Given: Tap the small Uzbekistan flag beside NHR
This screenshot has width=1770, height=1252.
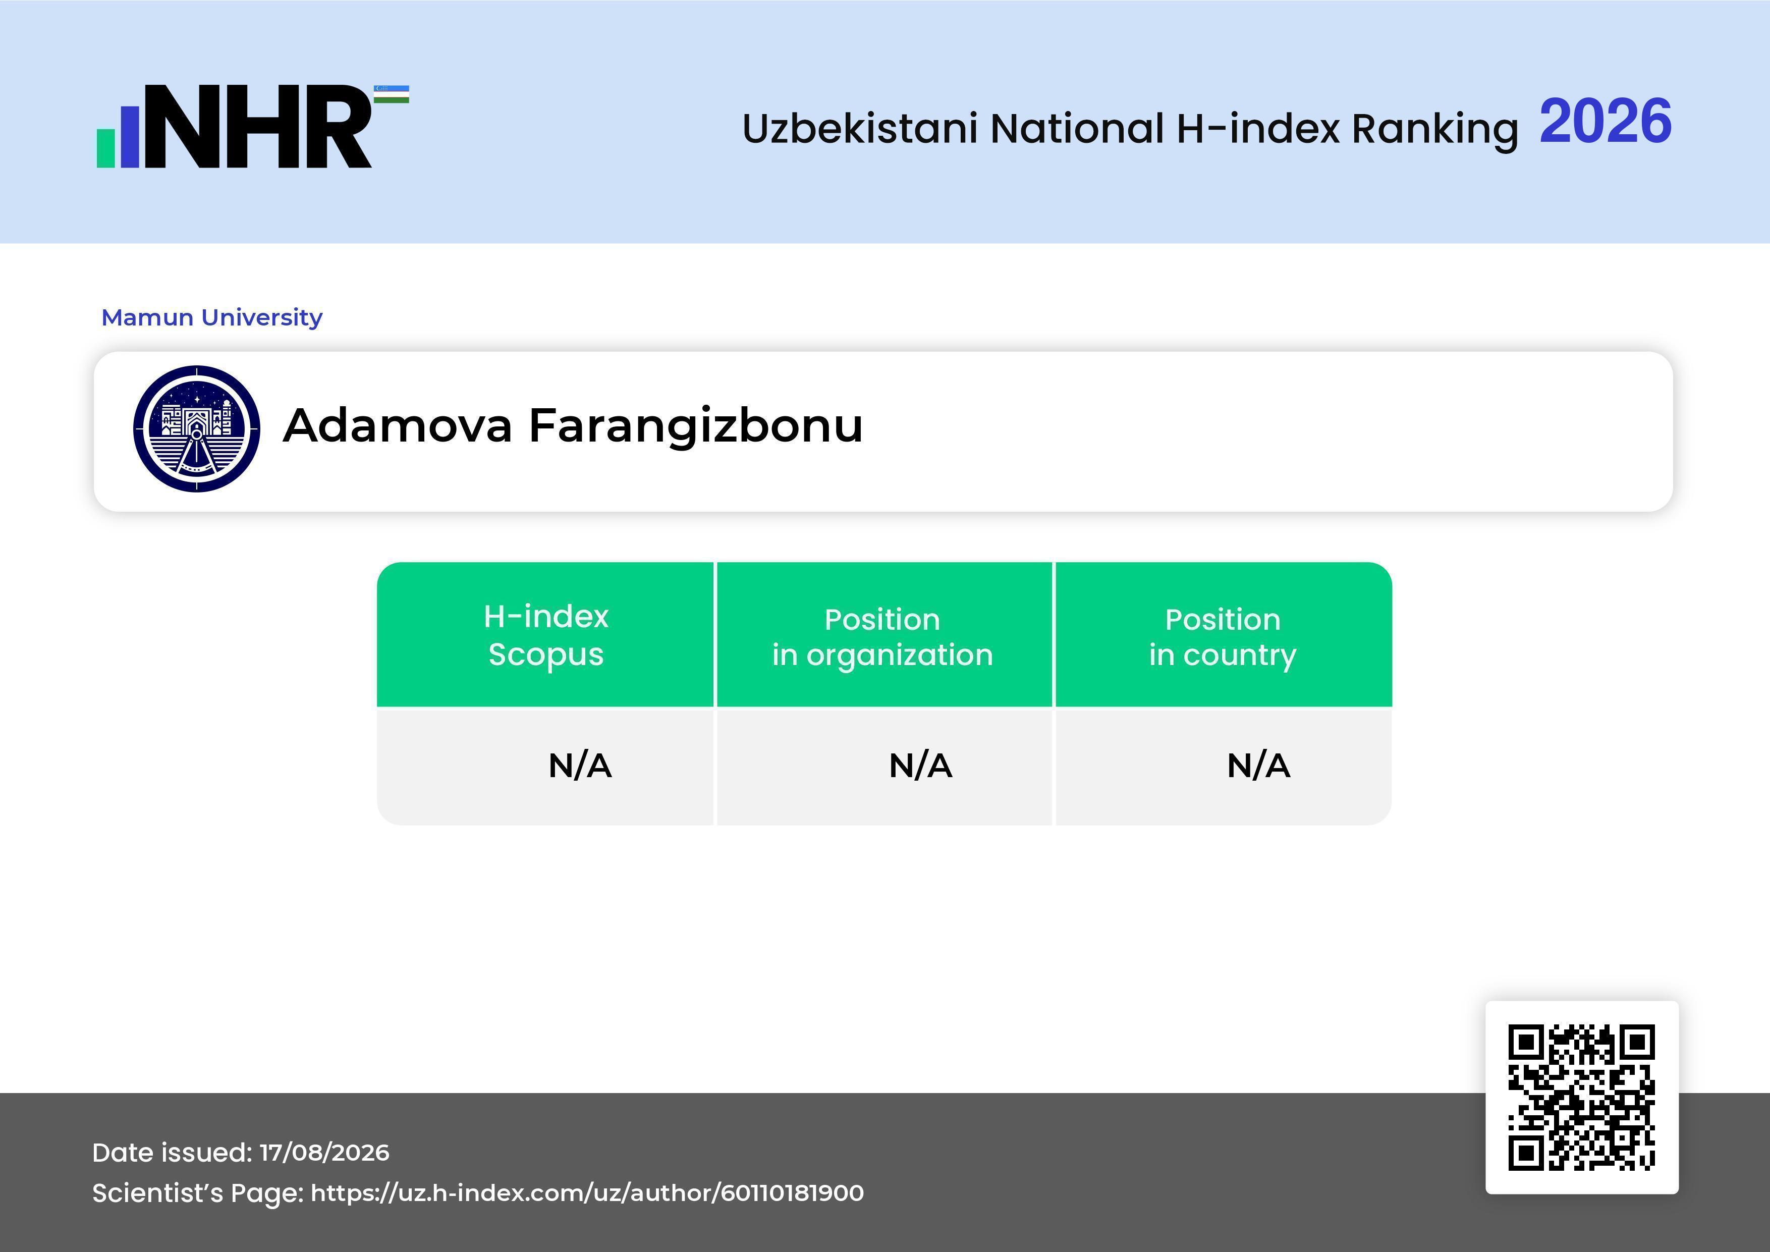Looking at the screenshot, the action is tap(392, 94).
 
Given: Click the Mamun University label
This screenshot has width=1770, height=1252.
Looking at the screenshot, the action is tap(212, 317).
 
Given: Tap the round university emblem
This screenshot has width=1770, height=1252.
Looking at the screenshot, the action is tap(197, 428).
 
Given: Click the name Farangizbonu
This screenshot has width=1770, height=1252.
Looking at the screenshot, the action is tap(695, 427).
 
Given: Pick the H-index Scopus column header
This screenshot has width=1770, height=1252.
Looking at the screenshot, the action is tap(546, 635).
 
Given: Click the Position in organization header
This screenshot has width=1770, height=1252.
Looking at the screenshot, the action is tap(882, 637).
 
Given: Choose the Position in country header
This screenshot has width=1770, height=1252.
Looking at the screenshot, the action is tap(1223, 637).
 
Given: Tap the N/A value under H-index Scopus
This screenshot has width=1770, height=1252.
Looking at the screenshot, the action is tap(580, 766).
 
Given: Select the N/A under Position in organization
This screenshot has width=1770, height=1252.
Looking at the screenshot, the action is tap(920, 766).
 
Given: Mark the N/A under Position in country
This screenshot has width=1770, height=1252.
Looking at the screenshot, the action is tap(1258, 766).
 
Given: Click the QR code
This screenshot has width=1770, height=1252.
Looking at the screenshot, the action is tap(1582, 1097).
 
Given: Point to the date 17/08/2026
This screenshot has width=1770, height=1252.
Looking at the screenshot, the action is tap(324, 1153).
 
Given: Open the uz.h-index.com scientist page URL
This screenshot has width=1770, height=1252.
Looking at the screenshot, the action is tap(587, 1192).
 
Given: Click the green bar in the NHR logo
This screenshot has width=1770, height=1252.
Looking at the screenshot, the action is tap(105, 148).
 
